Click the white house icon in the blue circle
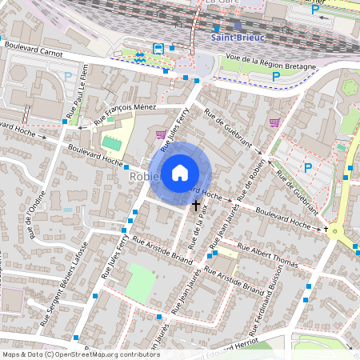click(180, 172)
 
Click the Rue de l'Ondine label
click(30, 220)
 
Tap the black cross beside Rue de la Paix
click(196, 206)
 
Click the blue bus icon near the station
click(158, 48)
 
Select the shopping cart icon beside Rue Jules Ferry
click(161, 134)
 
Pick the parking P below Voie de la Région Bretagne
click(276, 77)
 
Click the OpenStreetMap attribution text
click(80, 354)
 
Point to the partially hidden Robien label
click(142, 176)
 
